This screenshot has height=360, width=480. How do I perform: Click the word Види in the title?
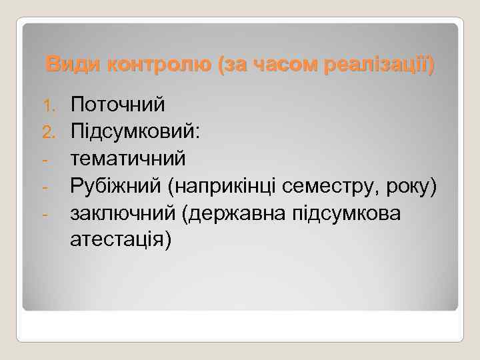tap(66, 66)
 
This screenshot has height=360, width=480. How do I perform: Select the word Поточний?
tap(118, 105)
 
